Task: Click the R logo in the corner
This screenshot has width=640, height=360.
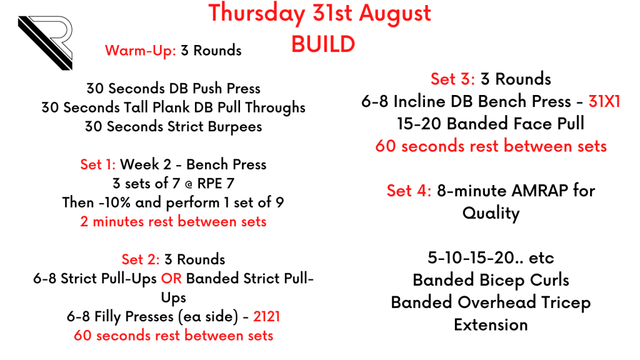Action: click(46, 42)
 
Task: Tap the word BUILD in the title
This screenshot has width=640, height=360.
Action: click(323, 44)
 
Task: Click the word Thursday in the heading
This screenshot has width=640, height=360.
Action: click(257, 14)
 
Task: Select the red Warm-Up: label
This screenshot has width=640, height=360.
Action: click(141, 51)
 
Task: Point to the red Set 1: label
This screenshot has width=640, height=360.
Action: click(98, 164)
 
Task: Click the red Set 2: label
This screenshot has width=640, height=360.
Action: click(141, 259)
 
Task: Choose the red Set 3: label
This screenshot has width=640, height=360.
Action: click(452, 79)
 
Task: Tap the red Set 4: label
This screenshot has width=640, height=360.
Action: click(409, 191)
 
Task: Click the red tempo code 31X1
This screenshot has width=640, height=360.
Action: click(604, 101)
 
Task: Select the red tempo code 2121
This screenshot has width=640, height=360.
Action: click(266, 316)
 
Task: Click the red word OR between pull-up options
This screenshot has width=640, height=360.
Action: click(171, 278)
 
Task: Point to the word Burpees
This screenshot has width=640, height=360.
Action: click(235, 127)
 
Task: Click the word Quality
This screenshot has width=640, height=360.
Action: click(491, 214)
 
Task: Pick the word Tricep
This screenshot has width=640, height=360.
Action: click(566, 303)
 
